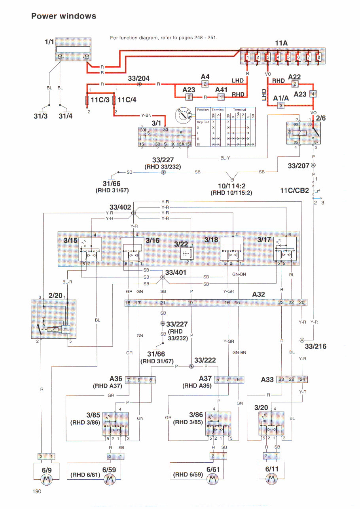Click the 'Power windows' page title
click(64, 16)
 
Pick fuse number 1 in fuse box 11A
click(248, 58)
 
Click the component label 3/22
click(181, 245)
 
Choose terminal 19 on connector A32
click(191, 303)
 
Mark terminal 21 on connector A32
click(163, 303)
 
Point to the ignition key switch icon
click(183, 114)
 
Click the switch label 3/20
click(261, 407)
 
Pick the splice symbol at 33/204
click(139, 84)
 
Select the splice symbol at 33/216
click(302, 340)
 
